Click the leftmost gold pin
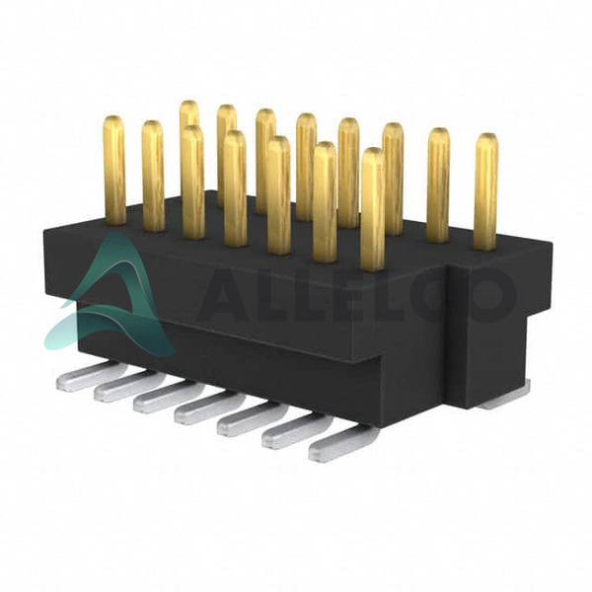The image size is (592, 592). tap(114, 170)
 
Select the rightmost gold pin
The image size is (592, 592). tap(485, 191)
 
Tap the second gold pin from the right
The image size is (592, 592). tap(438, 185)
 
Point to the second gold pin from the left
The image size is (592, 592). tap(153, 176)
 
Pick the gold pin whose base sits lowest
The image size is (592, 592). tap(372, 209)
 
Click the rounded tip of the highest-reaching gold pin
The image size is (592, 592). tap(189, 107)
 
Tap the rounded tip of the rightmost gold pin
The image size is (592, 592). tap(485, 139)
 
